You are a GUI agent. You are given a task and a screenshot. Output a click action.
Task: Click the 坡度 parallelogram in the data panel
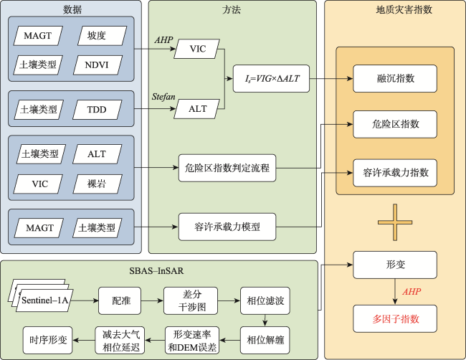[x=103, y=36]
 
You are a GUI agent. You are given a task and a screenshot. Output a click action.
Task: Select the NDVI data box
[x=98, y=65]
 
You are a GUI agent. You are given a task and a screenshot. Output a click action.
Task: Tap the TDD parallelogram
[x=98, y=110]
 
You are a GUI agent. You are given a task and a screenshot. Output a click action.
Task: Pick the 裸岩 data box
[x=98, y=184]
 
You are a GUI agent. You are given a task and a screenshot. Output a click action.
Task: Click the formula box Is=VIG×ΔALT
[x=271, y=78]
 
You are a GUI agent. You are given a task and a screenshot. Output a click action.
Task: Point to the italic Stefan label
[x=163, y=97]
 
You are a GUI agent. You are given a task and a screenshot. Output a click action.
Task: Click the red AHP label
[x=412, y=292]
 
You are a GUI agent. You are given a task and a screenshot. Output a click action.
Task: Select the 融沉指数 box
[x=395, y=78]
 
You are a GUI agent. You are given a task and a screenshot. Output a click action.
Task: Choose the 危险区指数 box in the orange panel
[x=395, y=124]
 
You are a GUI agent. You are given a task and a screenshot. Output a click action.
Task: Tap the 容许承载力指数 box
[x=395, y=173]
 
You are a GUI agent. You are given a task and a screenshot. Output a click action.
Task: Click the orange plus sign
[x=395, y=222]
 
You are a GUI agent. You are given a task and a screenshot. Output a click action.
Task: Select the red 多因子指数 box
[x=395, y=318]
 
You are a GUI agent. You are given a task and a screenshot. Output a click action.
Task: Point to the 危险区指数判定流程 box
[x=227, y=168]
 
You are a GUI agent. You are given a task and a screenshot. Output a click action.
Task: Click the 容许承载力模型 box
[x=227, y=227]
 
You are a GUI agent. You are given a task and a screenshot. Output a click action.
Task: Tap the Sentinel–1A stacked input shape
[x=42, y=295]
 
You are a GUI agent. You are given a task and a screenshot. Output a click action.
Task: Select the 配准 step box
[x=120, y=301]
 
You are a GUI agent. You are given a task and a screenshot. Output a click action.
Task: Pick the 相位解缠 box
[x=265, y=341]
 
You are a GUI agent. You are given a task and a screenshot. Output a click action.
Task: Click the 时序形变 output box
[x=47, y=341]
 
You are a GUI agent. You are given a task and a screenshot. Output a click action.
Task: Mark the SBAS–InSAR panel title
[x=156, y=271]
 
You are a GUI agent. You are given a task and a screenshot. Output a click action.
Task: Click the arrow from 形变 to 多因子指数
[x=395, y=292]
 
